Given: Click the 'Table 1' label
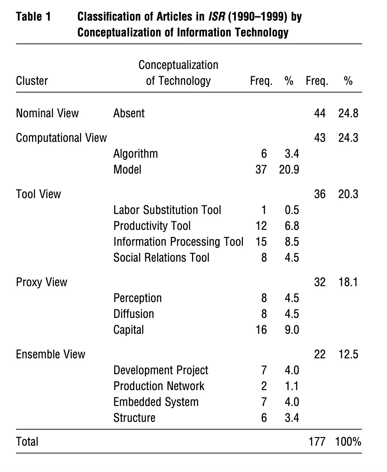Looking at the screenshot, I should (34, 17).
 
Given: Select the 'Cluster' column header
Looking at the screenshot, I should (32, 80).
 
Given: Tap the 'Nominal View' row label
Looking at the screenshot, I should (47, 113).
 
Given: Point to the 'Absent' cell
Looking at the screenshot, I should (129, 113).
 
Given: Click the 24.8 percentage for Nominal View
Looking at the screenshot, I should (348, 113).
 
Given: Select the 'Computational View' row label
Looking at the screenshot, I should (61, 138).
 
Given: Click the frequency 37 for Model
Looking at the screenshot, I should (261, 170).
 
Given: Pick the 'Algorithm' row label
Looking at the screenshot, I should (135, 154).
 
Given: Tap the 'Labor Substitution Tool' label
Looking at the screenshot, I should (167, 210).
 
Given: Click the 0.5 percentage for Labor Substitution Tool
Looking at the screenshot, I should (292, 210).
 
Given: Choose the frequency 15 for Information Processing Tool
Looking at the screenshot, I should (261, 242).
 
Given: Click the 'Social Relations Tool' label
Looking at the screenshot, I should (161, 258).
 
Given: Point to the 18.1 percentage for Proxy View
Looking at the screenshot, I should (348, 282).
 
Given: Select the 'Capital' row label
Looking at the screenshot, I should (128, 330).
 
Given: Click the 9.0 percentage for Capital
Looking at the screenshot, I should (292, 330).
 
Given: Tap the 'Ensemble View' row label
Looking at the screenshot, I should (50, 354).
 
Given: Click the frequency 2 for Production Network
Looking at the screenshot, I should (264, 386).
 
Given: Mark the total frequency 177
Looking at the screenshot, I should (317, 442).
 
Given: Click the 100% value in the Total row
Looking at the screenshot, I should (348, 442).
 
